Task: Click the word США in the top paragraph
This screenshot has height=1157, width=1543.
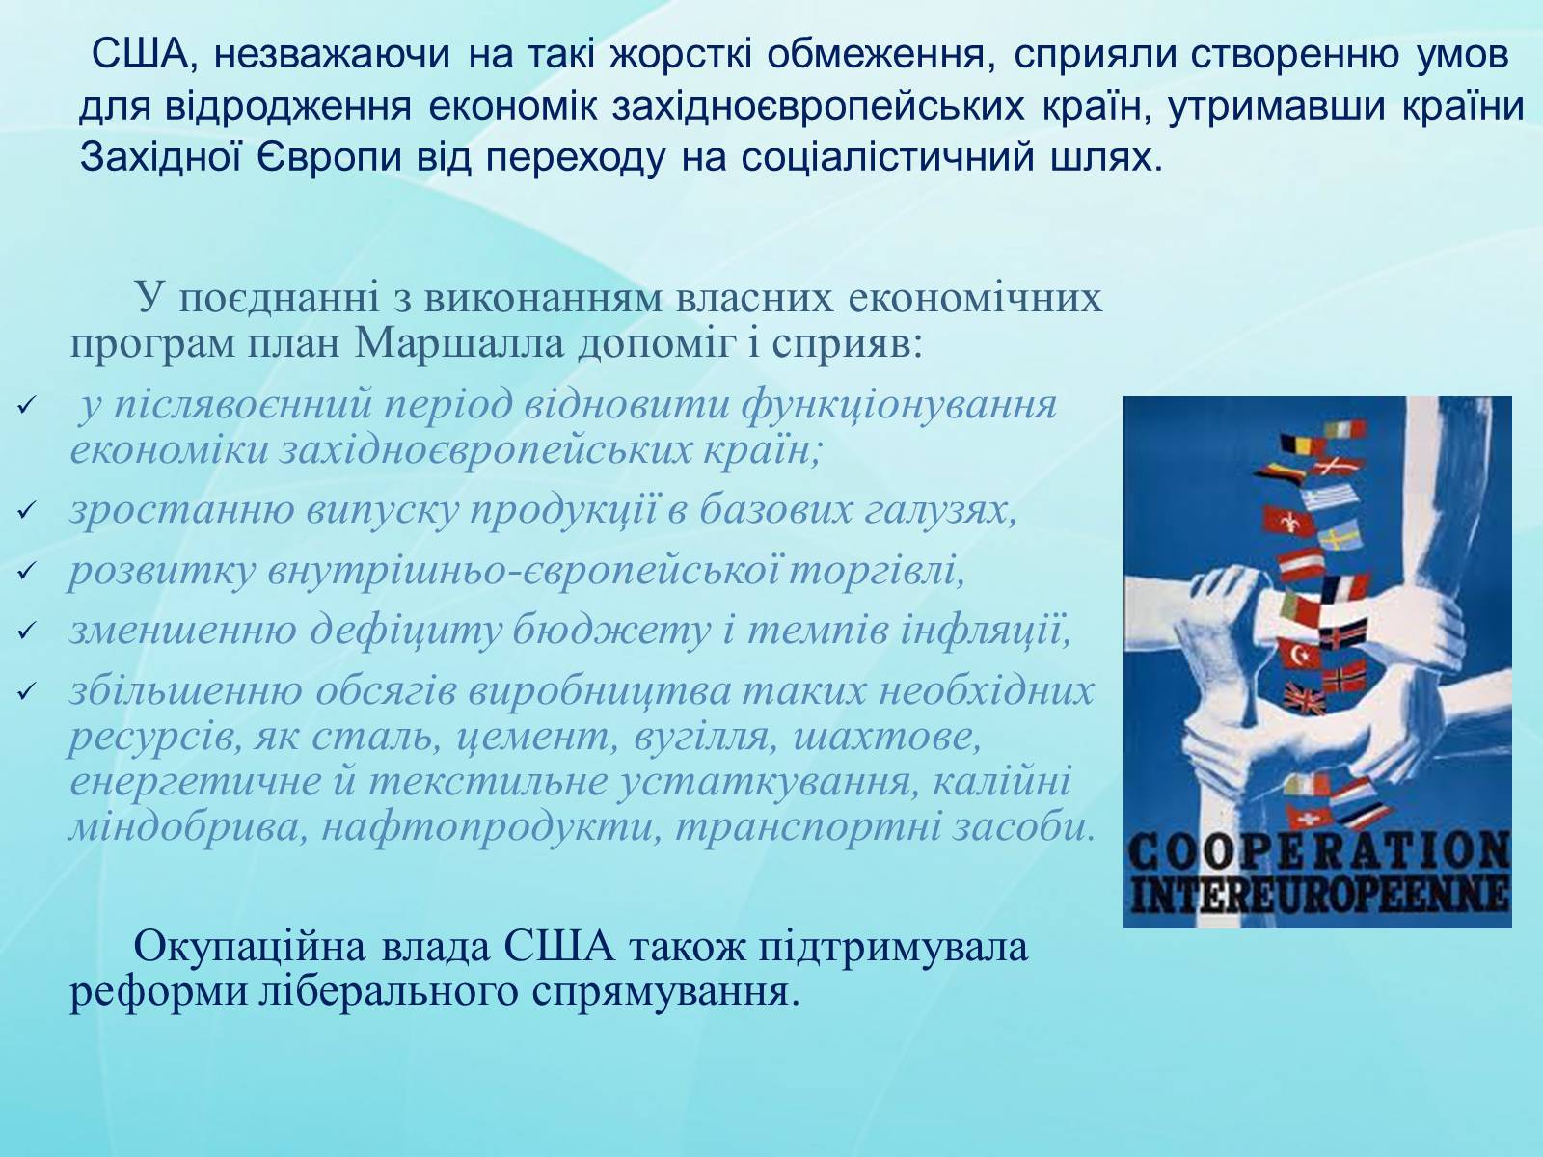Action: coord(138,53)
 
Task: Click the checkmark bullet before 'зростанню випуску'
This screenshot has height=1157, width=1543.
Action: coord(25,510)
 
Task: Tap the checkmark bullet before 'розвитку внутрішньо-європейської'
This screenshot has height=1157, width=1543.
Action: coord(25,571)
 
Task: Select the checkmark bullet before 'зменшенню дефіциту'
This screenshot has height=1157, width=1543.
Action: coord(25,631)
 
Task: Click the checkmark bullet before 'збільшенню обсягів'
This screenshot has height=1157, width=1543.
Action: coord(25,692)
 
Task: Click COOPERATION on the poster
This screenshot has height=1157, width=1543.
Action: coord(1318,852)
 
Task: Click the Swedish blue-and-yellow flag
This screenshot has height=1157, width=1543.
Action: coord(1340,535)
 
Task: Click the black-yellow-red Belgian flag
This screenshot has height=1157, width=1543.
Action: coord(1300,444)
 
